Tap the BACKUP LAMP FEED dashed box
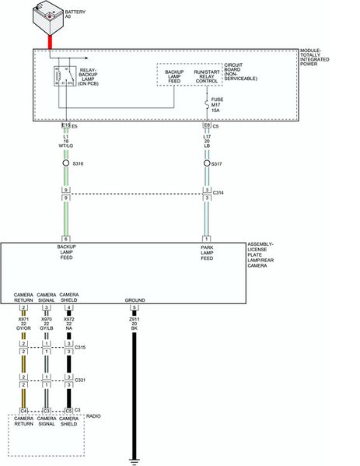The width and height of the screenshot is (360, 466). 173,75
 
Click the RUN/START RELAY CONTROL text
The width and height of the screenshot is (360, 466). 206,75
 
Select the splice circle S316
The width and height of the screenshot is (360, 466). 66,163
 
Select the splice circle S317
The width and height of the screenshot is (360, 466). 207,163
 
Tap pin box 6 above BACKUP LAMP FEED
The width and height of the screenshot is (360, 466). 66,238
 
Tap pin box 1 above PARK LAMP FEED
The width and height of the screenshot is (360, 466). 207,238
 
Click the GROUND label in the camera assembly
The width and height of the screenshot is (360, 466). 135,299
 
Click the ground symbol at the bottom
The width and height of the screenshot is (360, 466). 135,460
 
